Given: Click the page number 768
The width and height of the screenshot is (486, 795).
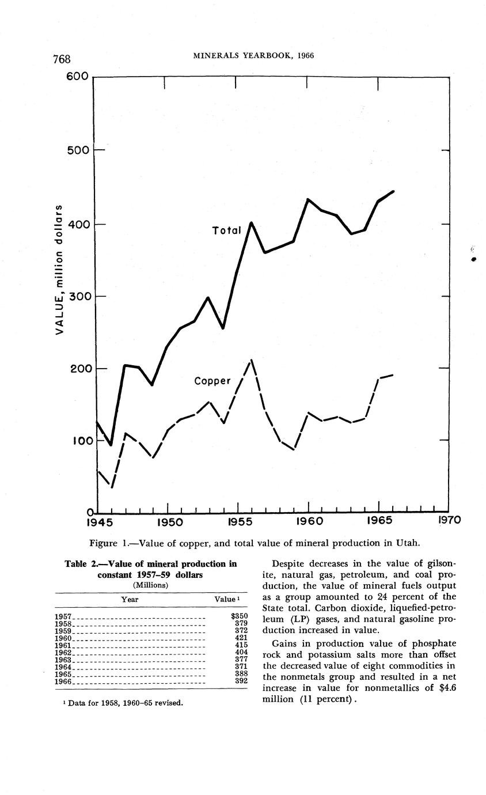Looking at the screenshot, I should pos(62,59).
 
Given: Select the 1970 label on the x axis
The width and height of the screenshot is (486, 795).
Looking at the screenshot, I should pos(450,521).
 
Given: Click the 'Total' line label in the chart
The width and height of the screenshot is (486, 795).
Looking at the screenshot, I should pos(226,230).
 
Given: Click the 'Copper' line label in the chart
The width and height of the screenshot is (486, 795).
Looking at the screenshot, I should pos(212,381).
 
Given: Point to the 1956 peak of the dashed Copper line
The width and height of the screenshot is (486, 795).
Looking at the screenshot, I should pos(251,361).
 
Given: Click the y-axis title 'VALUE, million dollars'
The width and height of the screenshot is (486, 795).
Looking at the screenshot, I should pos(59,271).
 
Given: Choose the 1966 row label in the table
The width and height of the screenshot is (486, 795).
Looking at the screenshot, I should pos(63,682).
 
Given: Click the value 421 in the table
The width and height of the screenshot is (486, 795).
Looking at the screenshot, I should pos(241,638).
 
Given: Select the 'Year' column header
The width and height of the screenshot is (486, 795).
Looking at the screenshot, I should pos(130,599).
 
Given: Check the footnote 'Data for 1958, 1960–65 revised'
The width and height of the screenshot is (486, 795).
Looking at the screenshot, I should pos(125,703).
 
